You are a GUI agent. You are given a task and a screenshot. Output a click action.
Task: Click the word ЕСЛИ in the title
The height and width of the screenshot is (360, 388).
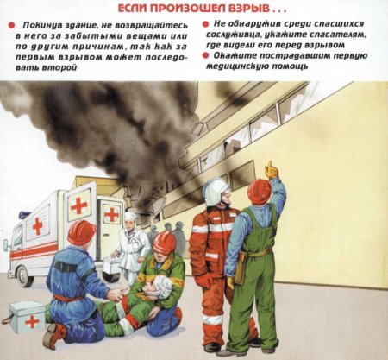[x=130, y=9]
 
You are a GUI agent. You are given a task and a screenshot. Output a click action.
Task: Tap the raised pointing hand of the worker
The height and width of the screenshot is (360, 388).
[x=272, y=169]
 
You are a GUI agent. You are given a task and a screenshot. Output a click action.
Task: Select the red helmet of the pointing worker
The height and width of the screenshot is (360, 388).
[x=260, y=191]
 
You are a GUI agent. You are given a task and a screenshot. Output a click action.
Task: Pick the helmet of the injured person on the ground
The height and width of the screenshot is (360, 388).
[x=164, y=243]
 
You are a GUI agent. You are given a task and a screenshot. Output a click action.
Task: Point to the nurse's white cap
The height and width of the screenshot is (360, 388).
[x=130, y=217]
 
